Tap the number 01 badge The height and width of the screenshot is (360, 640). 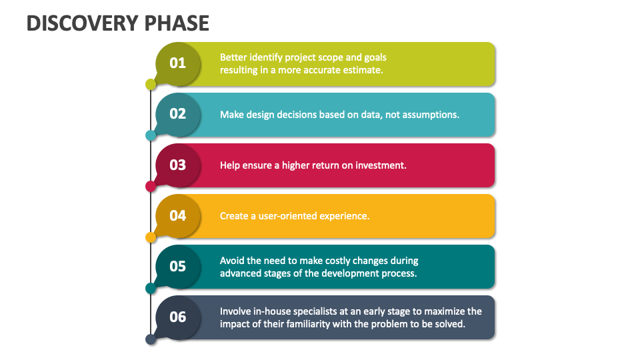(178, 63)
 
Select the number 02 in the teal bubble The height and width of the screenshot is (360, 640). (178, 114)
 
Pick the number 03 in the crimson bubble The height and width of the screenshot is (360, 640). (178, 165)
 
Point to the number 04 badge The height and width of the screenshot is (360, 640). (178, 215)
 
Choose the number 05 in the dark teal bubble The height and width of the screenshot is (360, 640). (178, 266)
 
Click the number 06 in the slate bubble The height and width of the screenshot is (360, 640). (178, 317)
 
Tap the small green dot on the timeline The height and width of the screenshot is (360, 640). (151, 85)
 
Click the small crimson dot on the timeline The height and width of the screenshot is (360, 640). (151, 186)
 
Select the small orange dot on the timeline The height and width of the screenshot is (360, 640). (151, 237)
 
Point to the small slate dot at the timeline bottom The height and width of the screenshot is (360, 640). (151, 339)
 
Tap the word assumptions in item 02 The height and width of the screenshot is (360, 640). (427, 115)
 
